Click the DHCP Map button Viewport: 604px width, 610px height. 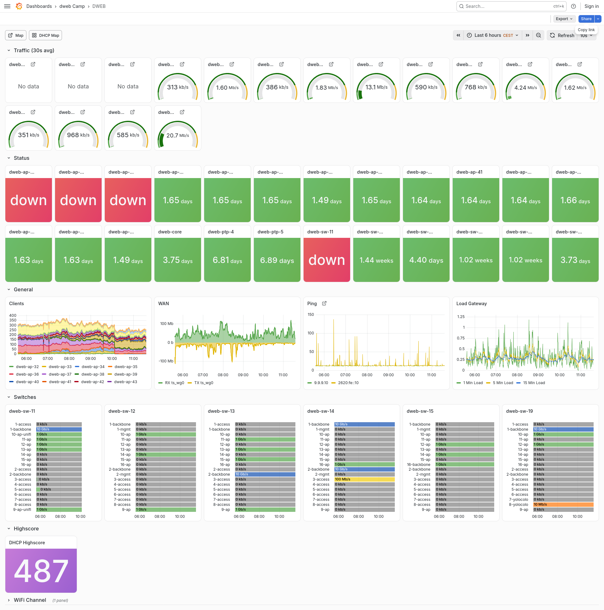[x=46, y=35]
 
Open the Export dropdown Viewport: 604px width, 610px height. [x=564, y=19]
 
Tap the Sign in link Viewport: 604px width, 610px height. [x=591, y=6]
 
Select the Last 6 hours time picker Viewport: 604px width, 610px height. [x=493, y=35]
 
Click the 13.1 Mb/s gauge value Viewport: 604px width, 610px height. [x=376, y=87]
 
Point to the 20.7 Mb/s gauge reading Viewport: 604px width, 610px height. [x=178, y=136]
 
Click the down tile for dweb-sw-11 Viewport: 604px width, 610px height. [x=327, y=260]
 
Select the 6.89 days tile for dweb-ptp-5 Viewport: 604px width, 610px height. [x=277, y=260]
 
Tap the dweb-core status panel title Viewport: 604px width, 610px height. [x=170, y=232]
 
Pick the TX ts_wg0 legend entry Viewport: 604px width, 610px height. [x=200, y=383]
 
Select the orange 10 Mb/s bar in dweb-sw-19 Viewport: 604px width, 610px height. [x=563, y=505]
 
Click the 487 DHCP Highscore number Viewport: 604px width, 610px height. [x=41, y=571]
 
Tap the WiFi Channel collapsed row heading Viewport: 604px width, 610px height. [x=30, y=600]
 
